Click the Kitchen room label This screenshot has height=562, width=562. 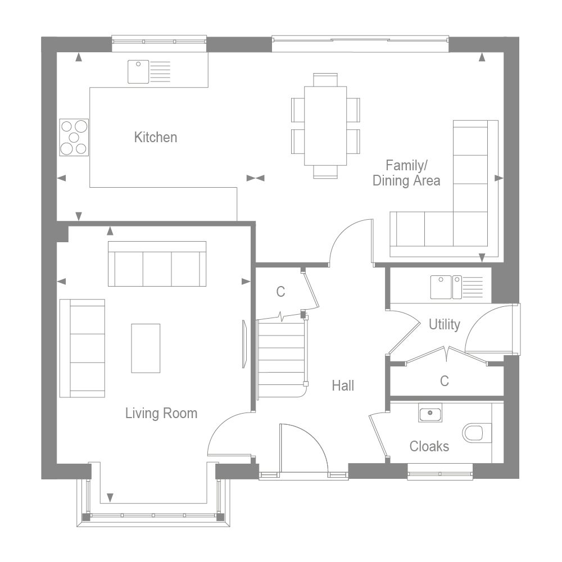click(155, 137)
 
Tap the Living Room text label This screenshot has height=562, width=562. click(161, 414)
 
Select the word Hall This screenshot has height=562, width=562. click(343, 386)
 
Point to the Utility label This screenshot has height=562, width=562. click(444, 324)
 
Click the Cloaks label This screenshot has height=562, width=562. click(429, 446)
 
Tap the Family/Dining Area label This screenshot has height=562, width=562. click(406, 173)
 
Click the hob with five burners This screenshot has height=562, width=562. click(74, 137)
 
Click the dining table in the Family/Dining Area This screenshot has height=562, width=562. click(325, 125)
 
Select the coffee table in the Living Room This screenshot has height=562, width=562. click(146, 348)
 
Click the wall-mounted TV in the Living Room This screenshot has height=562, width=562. click(244, 344)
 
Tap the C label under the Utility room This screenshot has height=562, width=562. click(444, 381)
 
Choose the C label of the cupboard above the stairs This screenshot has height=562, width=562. click(280, 292)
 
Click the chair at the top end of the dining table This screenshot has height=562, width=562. click(325, 79)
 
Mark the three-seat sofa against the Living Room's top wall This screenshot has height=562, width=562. click(157, 265)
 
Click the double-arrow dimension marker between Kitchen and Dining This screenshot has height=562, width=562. click(256, 178)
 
